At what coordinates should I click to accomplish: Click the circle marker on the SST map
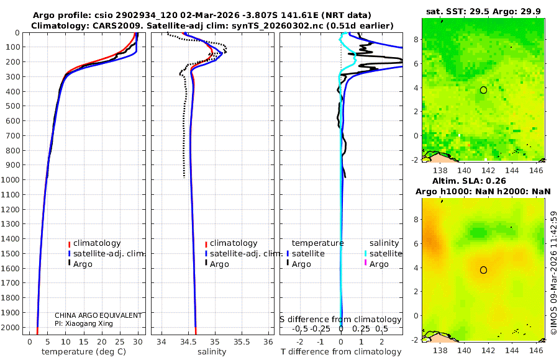[x=483, y=90]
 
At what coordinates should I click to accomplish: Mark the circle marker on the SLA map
[x=483, y=270]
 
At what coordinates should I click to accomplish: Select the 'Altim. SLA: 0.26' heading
[x=485, y=180]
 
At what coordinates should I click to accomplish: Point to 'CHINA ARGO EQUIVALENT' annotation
[x=98, y=315]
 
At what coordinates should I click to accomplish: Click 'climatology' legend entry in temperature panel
[x=97, y=243]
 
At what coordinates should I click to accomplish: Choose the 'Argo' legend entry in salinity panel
[x=219, y=264]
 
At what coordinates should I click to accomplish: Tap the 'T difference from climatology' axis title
[x=341, y=352]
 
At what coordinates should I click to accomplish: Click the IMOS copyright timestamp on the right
[x=554, y=273]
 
